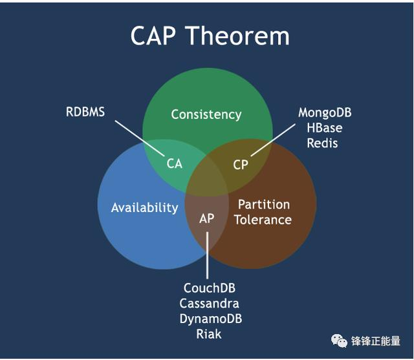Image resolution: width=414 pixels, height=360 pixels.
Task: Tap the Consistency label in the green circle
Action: click(x=206, y=114)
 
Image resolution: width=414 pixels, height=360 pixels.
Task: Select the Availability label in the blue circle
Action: click(x=144, y=207)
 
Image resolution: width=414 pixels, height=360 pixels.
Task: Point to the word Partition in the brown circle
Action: click(x=263, y=204)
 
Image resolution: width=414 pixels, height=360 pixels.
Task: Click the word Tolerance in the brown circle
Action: click(x=263, y=220)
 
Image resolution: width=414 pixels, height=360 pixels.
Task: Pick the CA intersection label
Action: click(x=175, y=164)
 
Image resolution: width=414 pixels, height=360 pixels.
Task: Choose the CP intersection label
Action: click(x=241, y=165)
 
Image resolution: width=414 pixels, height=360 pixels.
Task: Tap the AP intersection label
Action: click(x=206, y=218)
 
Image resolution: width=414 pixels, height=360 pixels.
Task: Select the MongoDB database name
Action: click(x=325, y=113)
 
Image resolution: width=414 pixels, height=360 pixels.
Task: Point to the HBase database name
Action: click(x=325, y=128)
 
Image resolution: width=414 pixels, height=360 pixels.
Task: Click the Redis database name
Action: click(x=322, y=143)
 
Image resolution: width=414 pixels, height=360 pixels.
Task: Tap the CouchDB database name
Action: click(x=209, y=288)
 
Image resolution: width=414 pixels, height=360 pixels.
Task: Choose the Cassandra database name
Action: click(x=209, y=303)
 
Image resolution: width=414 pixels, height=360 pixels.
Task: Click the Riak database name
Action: click(x=209, y=334)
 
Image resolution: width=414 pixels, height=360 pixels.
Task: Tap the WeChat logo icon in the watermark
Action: click(x=339, y=341)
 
